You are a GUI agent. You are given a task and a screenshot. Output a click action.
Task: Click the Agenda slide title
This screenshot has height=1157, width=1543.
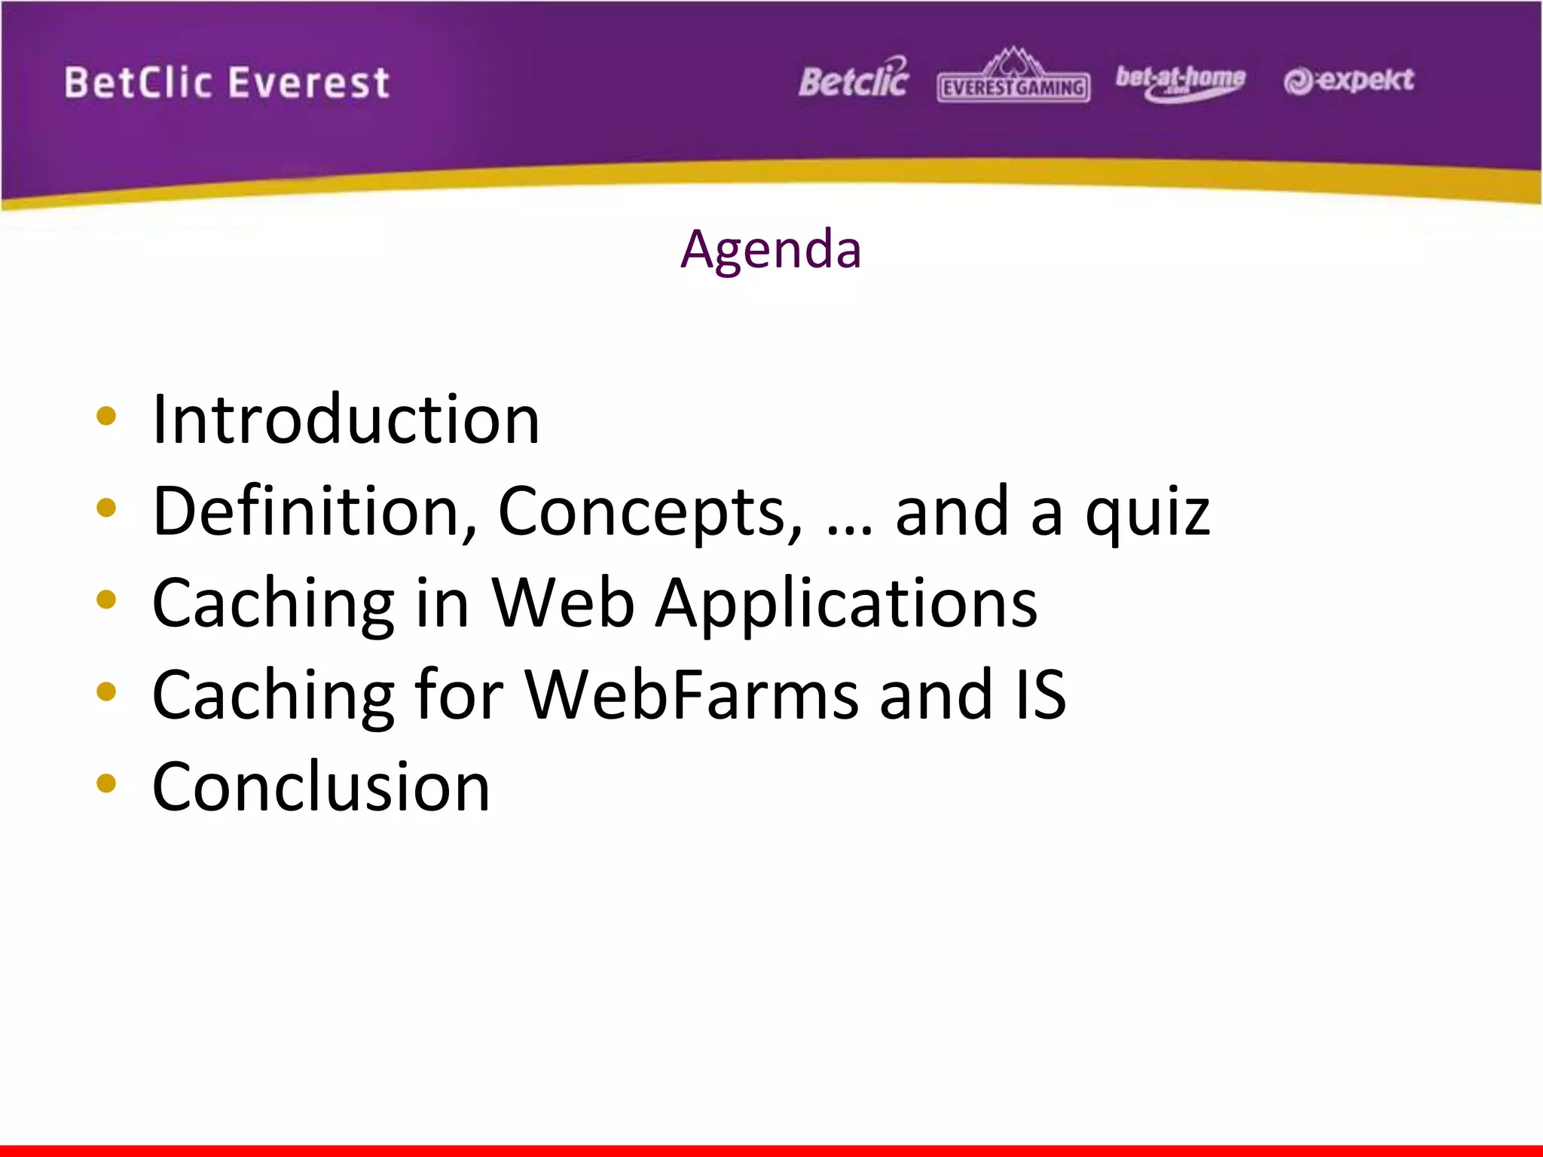click(771, 249)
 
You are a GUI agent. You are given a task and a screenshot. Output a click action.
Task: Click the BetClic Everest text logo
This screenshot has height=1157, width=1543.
click(227, 83)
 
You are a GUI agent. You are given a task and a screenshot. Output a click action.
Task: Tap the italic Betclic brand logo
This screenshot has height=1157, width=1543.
click(854, 79)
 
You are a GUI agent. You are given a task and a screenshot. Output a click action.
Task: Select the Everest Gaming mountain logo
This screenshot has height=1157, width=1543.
click(1013, 77)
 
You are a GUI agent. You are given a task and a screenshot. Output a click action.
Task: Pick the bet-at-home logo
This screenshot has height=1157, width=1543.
click(1180, 81)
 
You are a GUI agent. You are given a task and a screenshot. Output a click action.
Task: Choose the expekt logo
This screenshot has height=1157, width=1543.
click(1349, 80)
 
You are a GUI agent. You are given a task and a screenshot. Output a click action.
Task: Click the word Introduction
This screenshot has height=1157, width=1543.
click(346, 420)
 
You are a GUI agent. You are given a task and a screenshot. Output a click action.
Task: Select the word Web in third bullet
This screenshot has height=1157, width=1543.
click(563, 603)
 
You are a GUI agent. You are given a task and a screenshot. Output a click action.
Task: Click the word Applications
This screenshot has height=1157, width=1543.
click(846, 605)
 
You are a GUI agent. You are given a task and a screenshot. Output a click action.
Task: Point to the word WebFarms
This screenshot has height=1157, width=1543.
click(691, 695)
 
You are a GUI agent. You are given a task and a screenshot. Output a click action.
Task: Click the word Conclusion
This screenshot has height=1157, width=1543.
click(322, 787)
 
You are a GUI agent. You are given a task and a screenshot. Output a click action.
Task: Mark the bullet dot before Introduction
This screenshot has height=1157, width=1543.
click(106, 417)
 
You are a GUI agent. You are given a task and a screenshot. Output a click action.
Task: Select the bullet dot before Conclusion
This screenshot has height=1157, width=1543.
click(106, 783)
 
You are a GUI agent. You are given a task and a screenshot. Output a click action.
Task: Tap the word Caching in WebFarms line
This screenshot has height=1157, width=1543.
click(273, 697)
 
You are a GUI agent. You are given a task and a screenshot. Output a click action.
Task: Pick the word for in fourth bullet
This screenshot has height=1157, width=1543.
click(459, 695)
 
